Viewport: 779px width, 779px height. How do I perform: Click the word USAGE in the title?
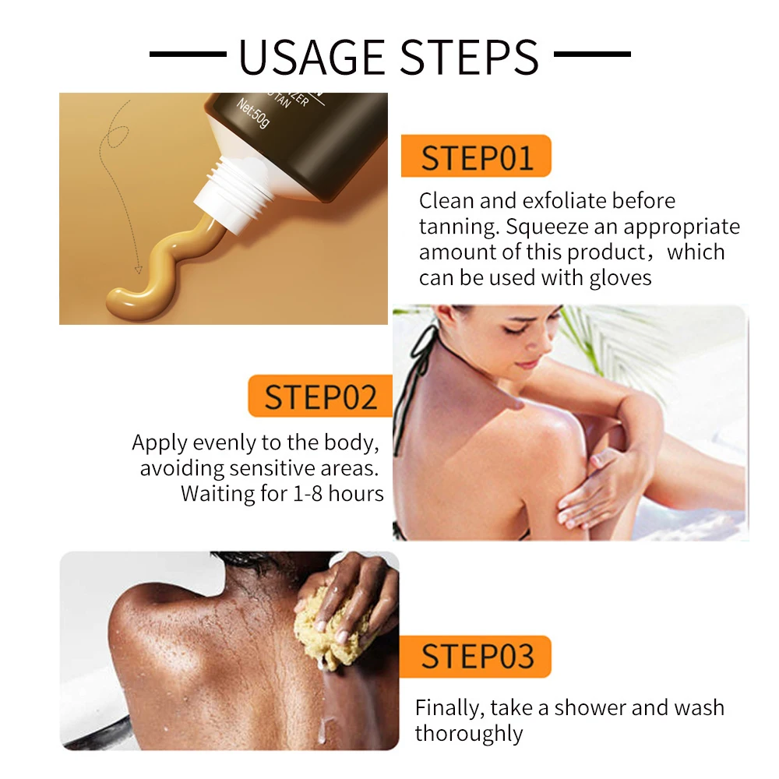pos(312,57)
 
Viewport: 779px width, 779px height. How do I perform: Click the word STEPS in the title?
pos(470,57)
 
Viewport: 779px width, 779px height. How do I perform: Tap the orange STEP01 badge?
pos(476,156)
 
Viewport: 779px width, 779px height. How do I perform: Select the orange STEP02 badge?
pos(320,396)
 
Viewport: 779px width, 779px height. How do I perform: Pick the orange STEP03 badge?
pos(476,656)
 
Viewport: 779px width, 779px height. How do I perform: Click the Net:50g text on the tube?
pos(253,113)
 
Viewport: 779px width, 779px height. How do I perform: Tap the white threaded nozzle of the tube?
pos(234,192)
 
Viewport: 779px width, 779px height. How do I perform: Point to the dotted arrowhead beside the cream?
pos(139,270)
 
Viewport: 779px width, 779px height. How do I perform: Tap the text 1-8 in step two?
pos(308,494)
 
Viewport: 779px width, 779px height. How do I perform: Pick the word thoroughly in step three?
pos(468,734)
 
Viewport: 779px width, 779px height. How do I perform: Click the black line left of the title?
pos(188,54)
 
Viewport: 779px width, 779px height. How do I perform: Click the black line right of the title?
pos(592,54)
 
